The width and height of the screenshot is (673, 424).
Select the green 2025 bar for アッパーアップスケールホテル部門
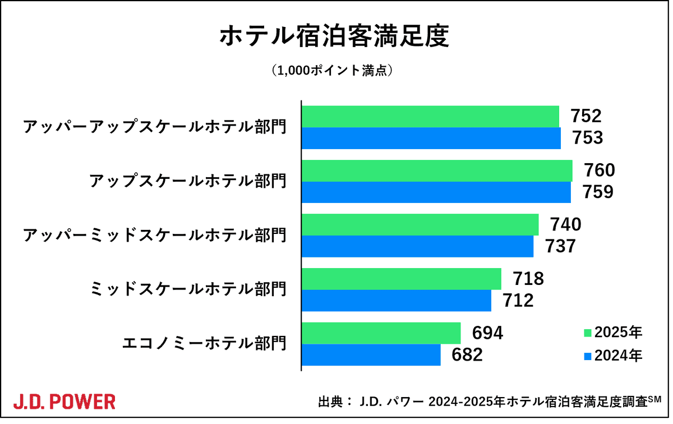click(431, 116)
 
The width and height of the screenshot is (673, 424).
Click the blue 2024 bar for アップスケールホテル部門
click(436, 192)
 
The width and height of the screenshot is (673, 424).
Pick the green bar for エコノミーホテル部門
click(381, 333)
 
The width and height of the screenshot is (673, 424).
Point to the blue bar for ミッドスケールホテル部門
click(397, 301)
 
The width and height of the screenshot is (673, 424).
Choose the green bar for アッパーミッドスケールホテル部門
click(420, 224)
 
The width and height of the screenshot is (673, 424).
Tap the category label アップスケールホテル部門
click(188, 181)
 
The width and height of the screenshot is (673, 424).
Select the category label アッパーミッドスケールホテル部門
click(155, 235)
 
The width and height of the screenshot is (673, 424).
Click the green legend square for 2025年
click(588, 333)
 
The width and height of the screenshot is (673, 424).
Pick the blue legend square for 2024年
click(588, 356)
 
